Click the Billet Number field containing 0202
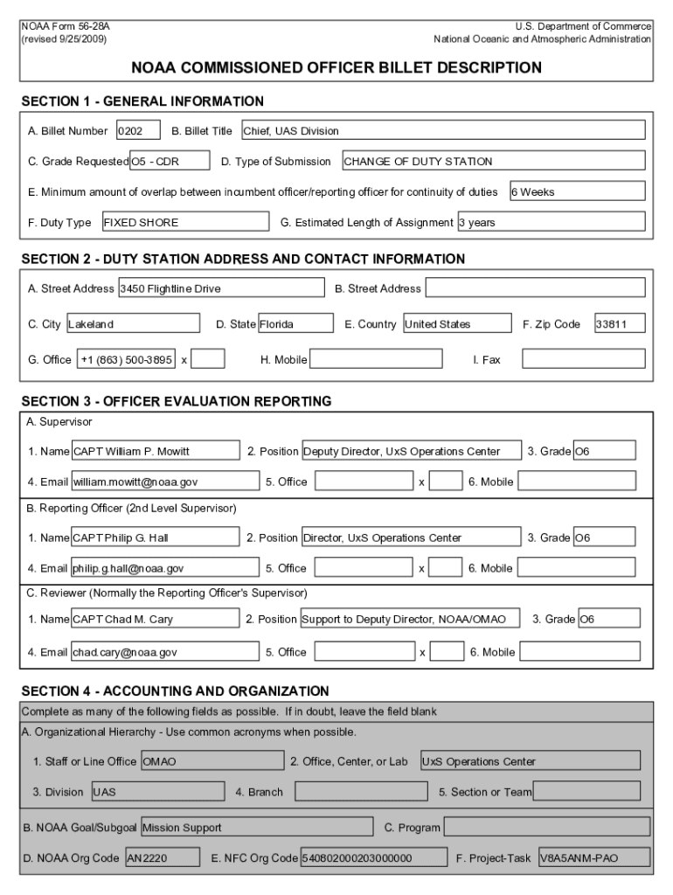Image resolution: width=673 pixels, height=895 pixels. tap(138, 131)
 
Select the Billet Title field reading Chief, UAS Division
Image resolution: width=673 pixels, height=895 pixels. tap(442, 131)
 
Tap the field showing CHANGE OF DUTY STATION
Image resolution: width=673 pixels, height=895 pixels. tap(493, 161)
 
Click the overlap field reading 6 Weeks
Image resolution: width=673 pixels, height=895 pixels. tap(576, 191)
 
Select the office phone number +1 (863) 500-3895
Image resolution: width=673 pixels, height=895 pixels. tap(126, 359)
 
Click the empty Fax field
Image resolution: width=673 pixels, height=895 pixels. tap(583, 359)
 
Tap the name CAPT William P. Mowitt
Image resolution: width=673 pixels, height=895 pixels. tap(155, 451)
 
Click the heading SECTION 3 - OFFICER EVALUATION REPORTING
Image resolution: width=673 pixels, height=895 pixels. tap(176, 401)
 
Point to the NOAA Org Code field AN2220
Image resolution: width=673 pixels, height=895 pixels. tap(163, 858)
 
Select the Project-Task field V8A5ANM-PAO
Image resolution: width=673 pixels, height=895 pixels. tap(593, 858)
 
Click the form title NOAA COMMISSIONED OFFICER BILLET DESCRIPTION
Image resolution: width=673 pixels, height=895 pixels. tap(336, 67)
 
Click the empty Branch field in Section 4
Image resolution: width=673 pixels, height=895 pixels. tap(361, 792)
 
